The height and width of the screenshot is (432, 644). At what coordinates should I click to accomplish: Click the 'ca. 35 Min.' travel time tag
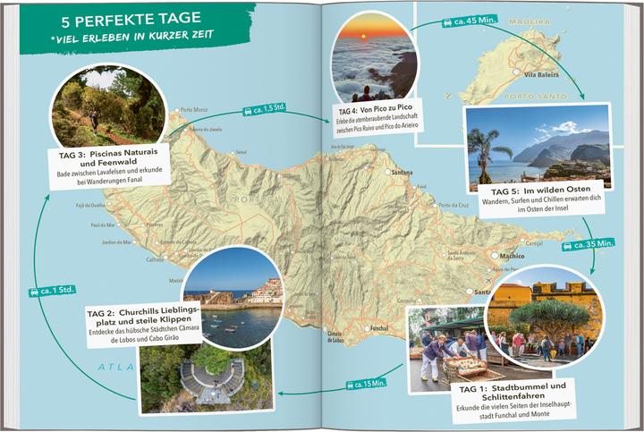[589, 244]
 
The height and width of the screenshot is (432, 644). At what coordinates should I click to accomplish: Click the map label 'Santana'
[402, 172]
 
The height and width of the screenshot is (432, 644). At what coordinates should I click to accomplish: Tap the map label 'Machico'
[511, 256]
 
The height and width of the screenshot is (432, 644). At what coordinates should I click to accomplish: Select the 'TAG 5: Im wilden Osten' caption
[540, 191]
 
